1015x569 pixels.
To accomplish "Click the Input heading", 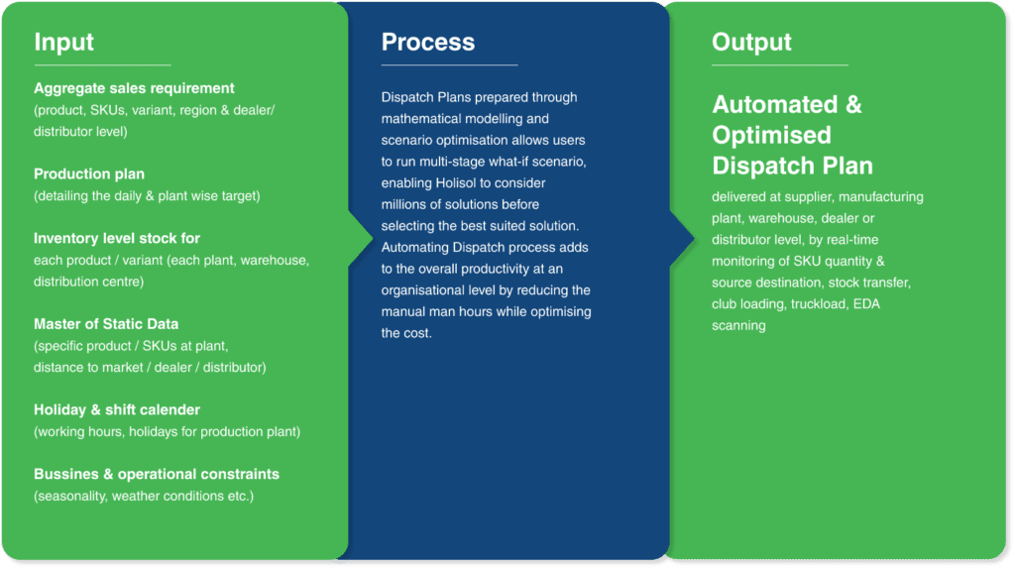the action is (64, 42).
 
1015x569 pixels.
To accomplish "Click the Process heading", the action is (428, 42).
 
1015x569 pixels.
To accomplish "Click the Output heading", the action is (751, 43).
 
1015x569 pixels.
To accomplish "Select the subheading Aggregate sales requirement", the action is (134, 88).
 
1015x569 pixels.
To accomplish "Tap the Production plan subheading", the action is (89, 174).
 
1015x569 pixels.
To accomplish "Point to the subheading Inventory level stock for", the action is (117, 238).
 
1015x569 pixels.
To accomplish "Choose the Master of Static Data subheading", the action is (106, 324).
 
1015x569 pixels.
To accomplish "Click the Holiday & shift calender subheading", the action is (117, 409).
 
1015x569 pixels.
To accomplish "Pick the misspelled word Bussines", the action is (65, 474).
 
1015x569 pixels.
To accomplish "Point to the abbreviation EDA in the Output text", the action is (866, 304).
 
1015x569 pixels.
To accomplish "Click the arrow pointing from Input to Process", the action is (361, 238).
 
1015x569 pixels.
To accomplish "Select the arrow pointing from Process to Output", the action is (682, 238).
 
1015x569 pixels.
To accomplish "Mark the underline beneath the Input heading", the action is (102, 64).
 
